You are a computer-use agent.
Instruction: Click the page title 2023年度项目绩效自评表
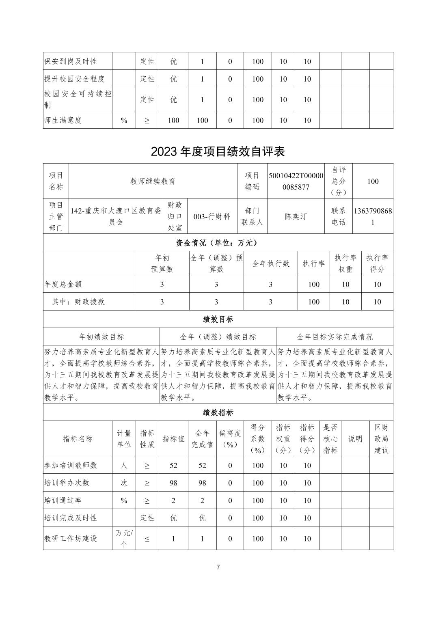tap(218, 151)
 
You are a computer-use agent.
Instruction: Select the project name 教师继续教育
tap(153, 181)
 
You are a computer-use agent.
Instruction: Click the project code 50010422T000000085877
tap(296, 181)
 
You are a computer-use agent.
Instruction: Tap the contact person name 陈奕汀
tap(296, 216)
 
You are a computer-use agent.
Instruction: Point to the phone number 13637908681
tap(373, 216)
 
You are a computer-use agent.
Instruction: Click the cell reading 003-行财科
tap(212, 216)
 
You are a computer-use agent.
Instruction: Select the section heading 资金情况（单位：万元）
tap(218, 243)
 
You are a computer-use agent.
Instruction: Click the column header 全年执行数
tap(271, 263)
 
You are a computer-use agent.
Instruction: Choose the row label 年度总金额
tap(63, 284)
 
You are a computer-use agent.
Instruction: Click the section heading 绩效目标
tap(218, 319)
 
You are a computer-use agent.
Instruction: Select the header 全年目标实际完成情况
tap(335, 337)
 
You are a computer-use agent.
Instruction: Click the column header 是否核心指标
tap(330, 438)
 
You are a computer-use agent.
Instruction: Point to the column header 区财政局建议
tap(381, 438)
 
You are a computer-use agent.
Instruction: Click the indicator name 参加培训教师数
tap(71, 465)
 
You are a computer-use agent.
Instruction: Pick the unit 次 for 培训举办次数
tap(124, 483)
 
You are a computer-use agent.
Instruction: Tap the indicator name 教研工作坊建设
tap(71, 539)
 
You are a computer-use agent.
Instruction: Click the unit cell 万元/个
tap(124, 538)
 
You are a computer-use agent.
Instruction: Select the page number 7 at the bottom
tap(218, 567)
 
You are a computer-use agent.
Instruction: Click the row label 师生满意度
tap(63, 120)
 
